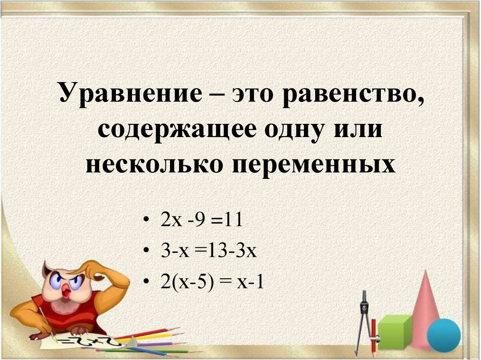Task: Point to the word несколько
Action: pyautogui.click(x=154, y=165)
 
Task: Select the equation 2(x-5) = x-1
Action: pyautogui.click(x=212, y=282)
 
